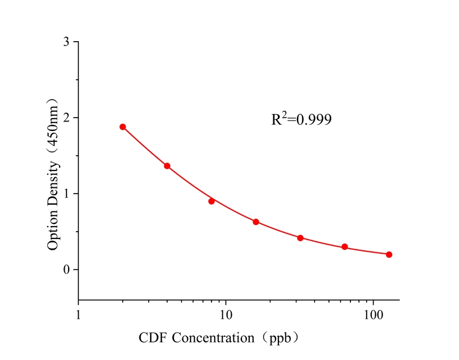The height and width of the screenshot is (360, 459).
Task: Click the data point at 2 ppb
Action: click(x=123, y=127)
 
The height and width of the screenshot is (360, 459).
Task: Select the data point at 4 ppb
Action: click(x=167, y=166)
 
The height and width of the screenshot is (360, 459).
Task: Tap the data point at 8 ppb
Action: click(x=211, y=201)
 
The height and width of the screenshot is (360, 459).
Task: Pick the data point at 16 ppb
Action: click(x=256, y=222)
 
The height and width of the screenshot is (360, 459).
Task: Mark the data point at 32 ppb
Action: click(x=300, y=238)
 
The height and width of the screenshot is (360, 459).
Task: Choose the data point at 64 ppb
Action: click(x=345, y=247)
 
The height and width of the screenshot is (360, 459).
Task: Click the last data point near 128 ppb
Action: click(x=389, y=254)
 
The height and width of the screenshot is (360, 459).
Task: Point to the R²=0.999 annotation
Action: click(x=301, y=119)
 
